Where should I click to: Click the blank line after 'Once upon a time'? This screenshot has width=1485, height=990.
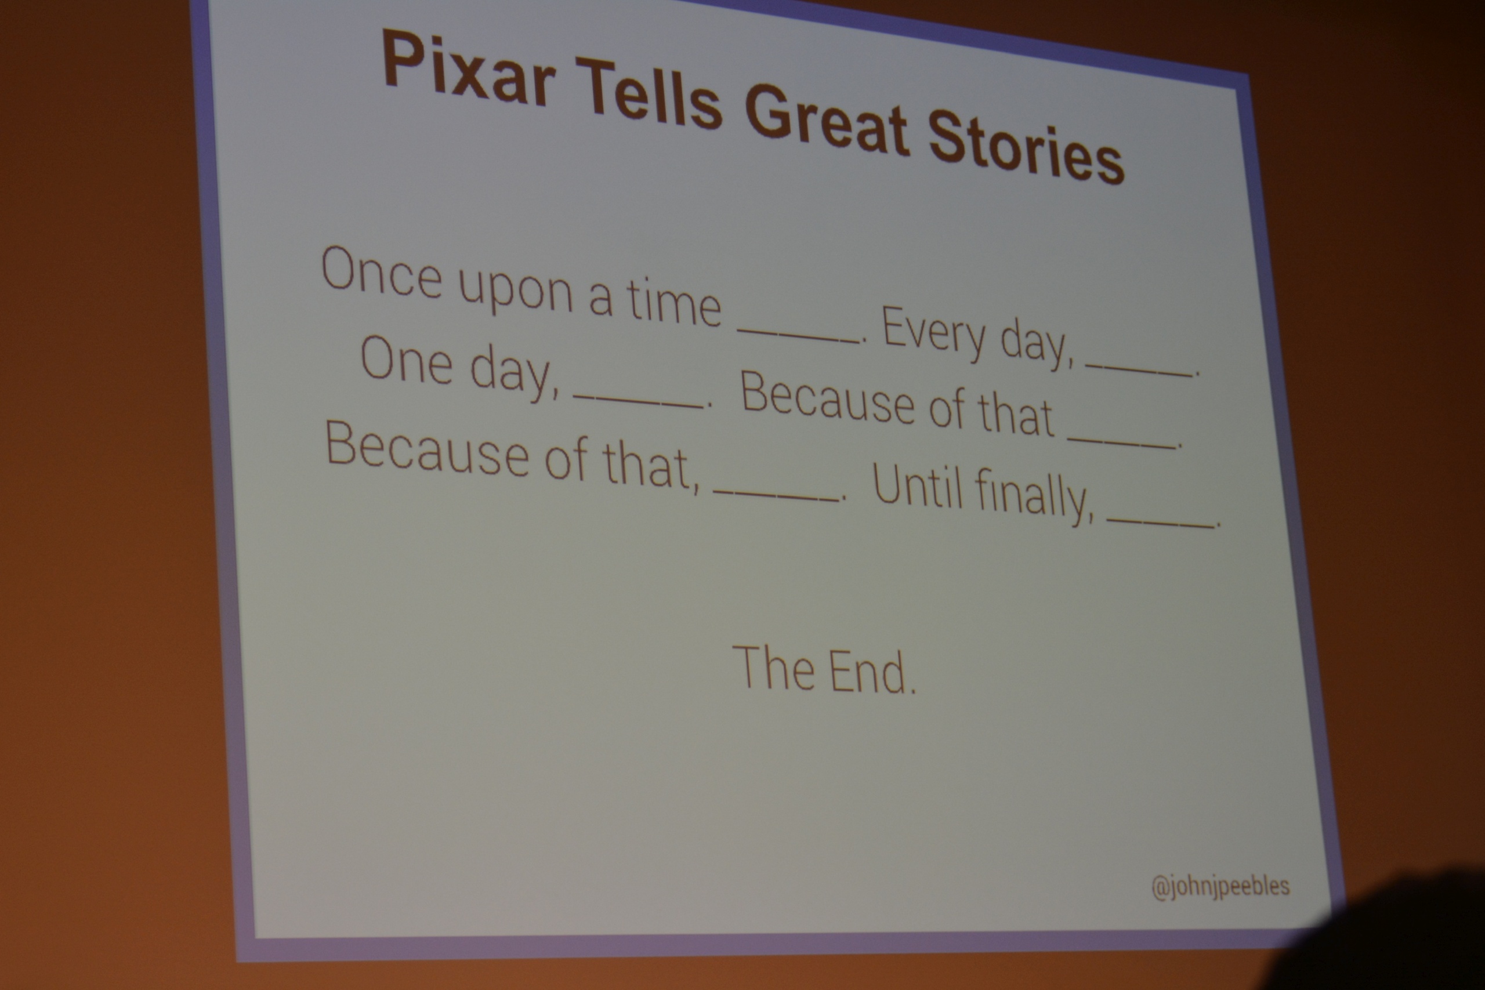(x=799, y=336)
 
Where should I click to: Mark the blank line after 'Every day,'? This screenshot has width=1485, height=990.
(x=1139, y=370)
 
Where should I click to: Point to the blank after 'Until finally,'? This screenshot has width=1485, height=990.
(x=1161, y=522)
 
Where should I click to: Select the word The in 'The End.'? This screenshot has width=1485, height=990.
(x=773, y=667)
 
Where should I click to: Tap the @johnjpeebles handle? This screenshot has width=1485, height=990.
(x=1220, y=886)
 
